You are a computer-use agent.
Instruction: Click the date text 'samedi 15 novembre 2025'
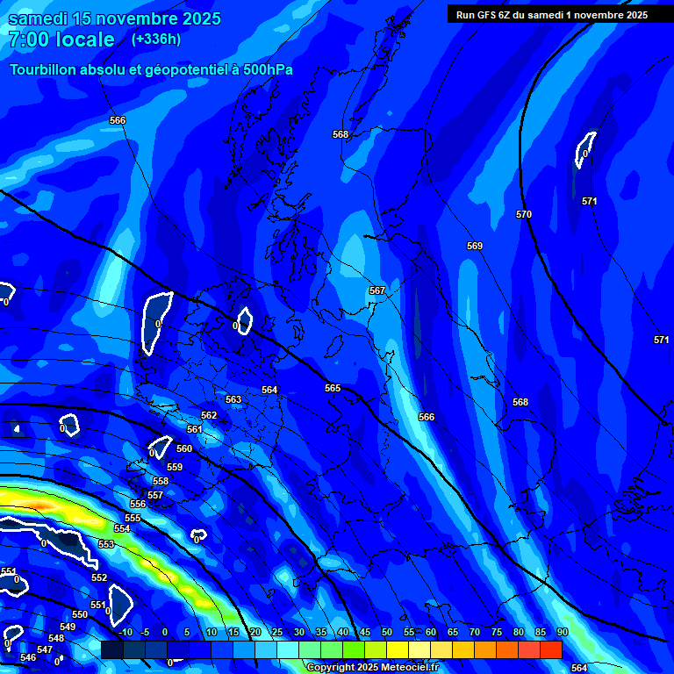(114, 18)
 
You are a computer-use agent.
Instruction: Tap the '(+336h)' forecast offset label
(156, 39)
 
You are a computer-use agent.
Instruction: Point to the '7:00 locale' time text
(61, 39)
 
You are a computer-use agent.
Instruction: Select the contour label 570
(524, 214)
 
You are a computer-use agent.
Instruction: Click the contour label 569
(475, 247)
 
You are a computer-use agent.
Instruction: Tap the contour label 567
(377, 290)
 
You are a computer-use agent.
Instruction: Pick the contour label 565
(333, 388)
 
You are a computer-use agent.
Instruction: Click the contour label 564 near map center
(269, 390)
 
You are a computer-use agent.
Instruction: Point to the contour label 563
(233, 399)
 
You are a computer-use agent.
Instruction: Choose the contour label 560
(184, 448)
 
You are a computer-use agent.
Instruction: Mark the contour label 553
(106, 544)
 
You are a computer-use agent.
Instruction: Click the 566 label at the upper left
(118, 120)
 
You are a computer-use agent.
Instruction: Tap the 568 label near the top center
(341, 134)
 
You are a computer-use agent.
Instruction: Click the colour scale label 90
(563, 632)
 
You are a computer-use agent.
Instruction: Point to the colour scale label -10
(125, 632)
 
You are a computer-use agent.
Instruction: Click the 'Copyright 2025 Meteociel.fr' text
(372, 667)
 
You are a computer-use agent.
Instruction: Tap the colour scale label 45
(365, 632)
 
